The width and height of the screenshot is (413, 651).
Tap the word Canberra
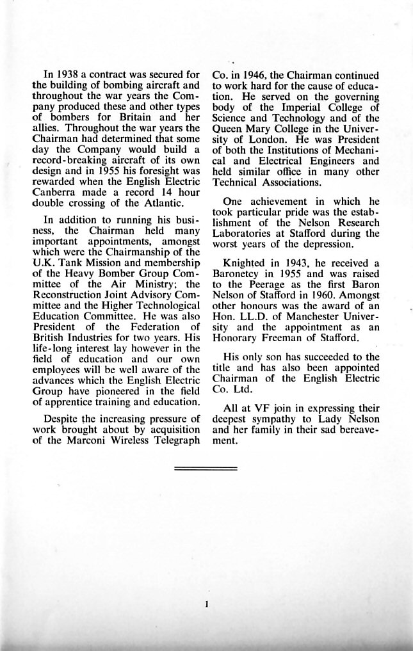pos(53,194)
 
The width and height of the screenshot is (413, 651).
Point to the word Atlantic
pos(165,204)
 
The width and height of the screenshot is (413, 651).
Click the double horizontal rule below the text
pos(206,469)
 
